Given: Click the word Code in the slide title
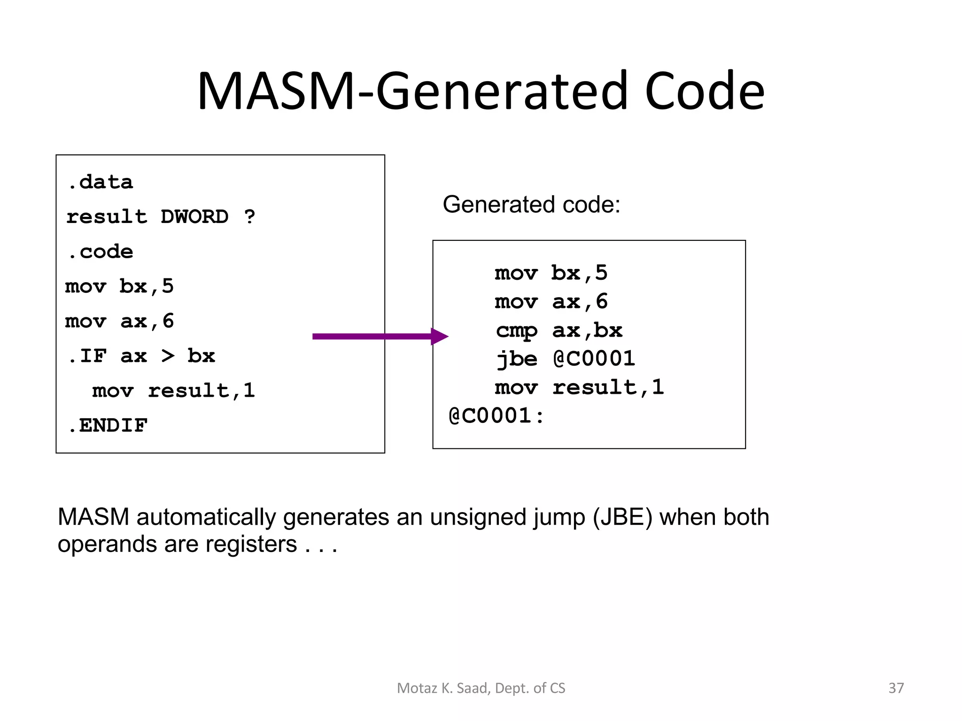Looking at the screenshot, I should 704,91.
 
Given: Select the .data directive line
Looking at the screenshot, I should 100,182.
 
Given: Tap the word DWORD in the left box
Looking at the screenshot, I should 194,217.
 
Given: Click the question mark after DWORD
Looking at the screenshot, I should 249,217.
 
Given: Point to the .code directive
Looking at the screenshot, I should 100,252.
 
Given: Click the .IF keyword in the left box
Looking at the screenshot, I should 87,356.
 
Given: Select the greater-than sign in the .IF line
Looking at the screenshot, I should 168,356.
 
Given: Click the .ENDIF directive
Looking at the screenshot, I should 108,426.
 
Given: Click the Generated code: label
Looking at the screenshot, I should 531,205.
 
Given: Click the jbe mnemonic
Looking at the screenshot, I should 517,359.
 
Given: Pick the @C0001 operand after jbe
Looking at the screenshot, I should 594,359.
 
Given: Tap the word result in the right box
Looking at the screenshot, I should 595,388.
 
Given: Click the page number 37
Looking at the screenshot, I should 896,688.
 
